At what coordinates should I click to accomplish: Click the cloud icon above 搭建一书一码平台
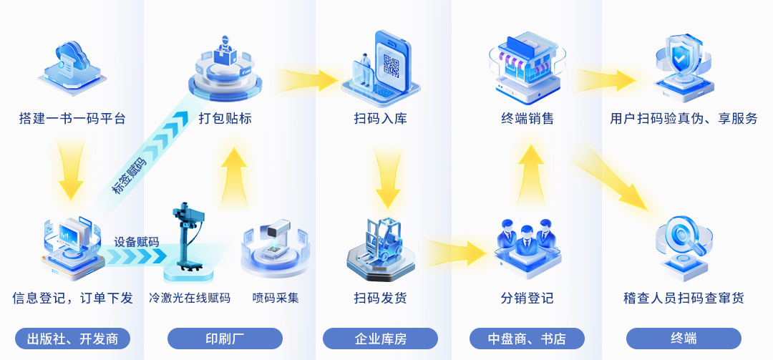click(72, 67)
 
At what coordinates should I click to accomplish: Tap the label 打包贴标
click(225, 118)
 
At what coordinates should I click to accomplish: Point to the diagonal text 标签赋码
click(130, 175)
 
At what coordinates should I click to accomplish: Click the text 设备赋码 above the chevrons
click(137, 241)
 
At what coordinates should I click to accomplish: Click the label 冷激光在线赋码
click(190, 298)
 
